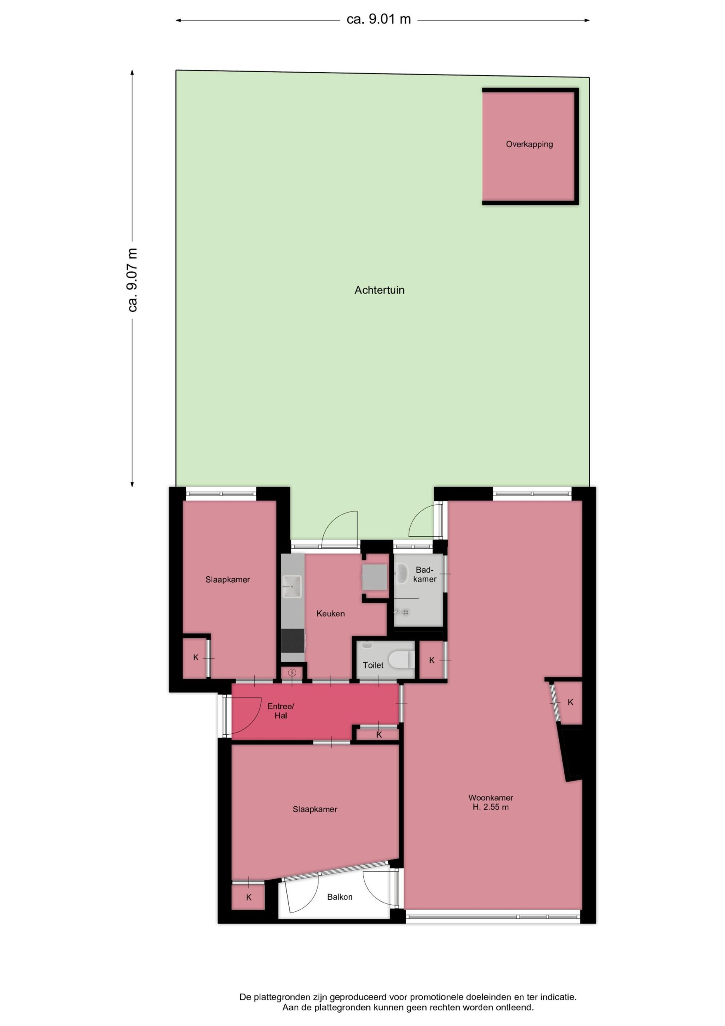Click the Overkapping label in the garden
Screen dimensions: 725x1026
pyautogui.click(x=530, y=144)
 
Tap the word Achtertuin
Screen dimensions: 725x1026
pyautogui.click(x=380, y=290)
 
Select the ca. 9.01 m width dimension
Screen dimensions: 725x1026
pyautogui.click(x=379, y=20)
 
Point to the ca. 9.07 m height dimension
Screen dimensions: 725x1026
pyautogui.click(x=132, y=280)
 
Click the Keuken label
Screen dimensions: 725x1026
pyautogui.click(x=330, y=614)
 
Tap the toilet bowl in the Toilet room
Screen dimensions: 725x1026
pyautogui.click(x=402, y=660)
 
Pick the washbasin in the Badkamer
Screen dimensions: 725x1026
pyautogui.click(x=401, y=574)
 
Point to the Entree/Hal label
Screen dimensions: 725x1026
pyautogui.click(x=281, y=711)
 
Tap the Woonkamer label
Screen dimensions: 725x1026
pyautogui.click(x=491, y=798)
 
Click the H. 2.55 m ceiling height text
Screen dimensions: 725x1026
pyautogui.click(x=491, y=807)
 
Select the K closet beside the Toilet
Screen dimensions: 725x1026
pyautogui.click(x=431, y=660)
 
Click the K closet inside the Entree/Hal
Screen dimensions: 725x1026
pyautogui.click(x=379, y=735)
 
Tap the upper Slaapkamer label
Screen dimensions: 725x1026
pyautogui.click(x=228, y=580)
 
